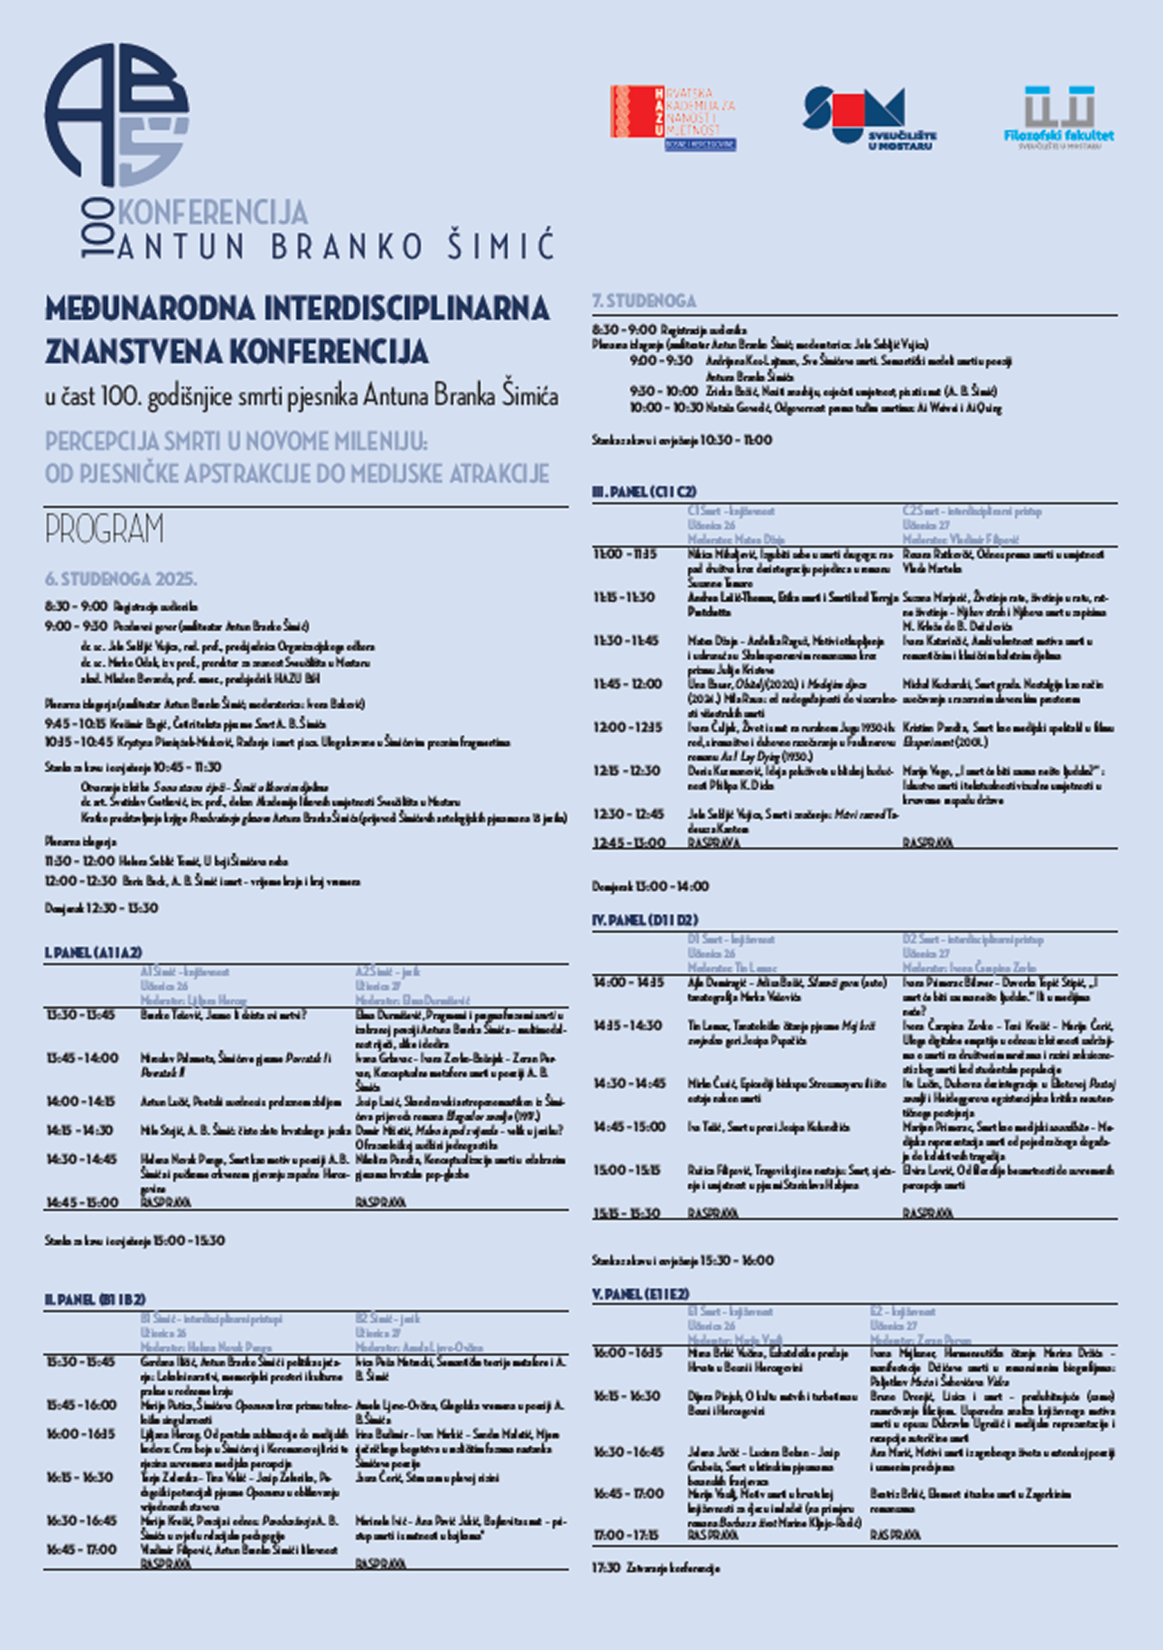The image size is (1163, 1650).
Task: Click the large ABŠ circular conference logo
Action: pos(117,115)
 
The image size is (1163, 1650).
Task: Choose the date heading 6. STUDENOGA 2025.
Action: pos(121,579)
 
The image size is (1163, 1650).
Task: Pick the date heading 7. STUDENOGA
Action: pos(644,301)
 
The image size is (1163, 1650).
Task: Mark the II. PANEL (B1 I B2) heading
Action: pos(95,1299)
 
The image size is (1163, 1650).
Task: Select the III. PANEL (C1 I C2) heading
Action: pos(644,492)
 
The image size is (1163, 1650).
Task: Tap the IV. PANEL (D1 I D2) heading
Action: pos(644,920)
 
